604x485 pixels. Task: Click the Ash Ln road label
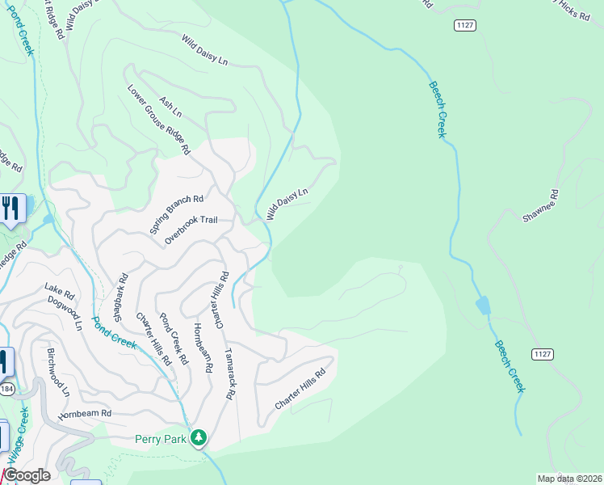pos(171,107)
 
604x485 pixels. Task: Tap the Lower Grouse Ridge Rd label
pos(158,119)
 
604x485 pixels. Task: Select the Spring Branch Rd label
pos(176,214)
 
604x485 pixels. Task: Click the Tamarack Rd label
pos(229,375)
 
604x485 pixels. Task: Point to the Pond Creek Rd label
pos(174,339)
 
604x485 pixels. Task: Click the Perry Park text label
pos(161,439)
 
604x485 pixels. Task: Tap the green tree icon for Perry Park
pos(199,438)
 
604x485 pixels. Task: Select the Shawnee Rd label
pos(541,206)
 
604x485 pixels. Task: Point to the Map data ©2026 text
pos(569,479)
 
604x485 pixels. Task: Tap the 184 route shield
pos(6,390)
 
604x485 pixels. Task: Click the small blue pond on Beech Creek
pos(483,306)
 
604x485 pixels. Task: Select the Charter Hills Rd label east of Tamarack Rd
pos(300,389)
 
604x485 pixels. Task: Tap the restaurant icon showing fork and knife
pos(11,209)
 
